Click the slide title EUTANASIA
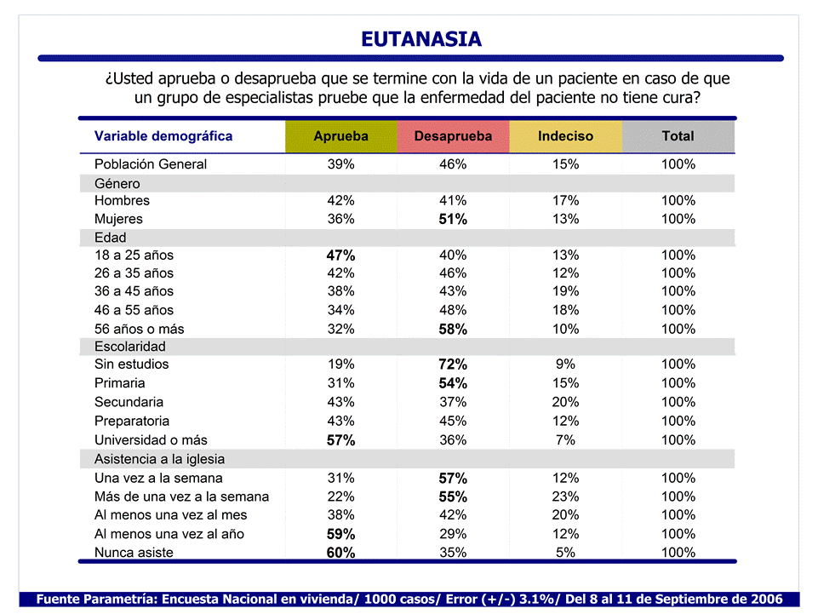click(x=420, y=39)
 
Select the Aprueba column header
click(x=340, y=136)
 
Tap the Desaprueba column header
click(x=453, y=136)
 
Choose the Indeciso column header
click(x=565, y=136)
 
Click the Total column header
click(x=678, y=136)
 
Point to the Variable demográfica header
click(x=163, y=136)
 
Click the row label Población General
click(x=151, y=164)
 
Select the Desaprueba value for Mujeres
click(x=453, y=220)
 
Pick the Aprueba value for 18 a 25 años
click(x=340, y=255)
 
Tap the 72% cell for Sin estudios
click(x=453, y=364)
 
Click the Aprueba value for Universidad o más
click(x=340, y=440)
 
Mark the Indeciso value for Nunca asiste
click(x=565, y=553)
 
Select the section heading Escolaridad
click(x=130, y=347)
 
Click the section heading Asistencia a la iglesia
click(x=159, y=459)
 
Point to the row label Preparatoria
click(x=132, y=421)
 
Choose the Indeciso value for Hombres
click(x=565, y=201)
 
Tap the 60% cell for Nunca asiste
click(x=340, y=553)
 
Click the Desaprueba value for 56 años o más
click(x=453, y=329)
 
